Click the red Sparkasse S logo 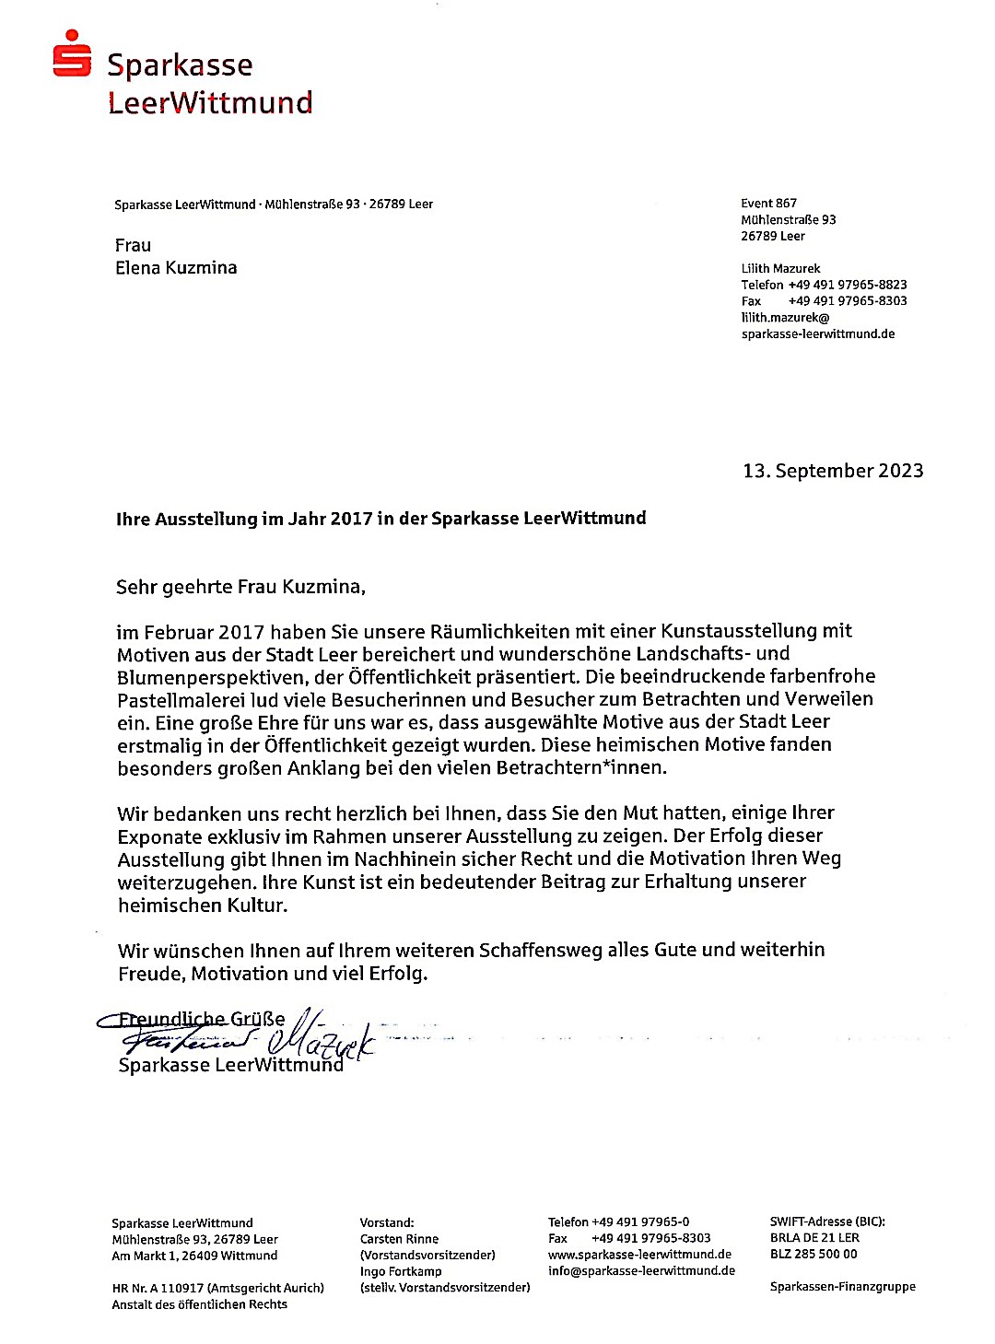click(72, 53)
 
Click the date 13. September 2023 click(833, 471)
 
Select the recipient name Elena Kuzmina click(176, 268)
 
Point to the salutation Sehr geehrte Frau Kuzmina click(240, 587)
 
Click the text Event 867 click(768, 204)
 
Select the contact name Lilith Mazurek click(780, 269)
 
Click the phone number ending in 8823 click(847, 285)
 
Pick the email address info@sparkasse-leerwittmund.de click(641, 1271)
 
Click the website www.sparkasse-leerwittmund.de click(639, 1255)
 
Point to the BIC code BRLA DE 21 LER click(814, 1238)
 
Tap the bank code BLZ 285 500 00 click(814, 1254)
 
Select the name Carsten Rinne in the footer click(399, 1239)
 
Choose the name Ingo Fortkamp click(401, 1271)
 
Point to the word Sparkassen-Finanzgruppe click(842, 1287)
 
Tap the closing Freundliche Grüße click(202, 1019)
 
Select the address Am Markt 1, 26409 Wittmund click(194, 1256)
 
